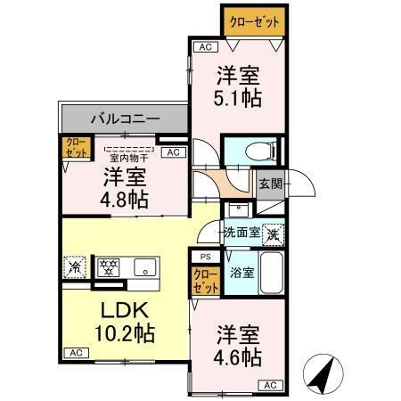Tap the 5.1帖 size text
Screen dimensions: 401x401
[x=238, y=97]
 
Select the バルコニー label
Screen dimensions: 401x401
[x=124, y=117]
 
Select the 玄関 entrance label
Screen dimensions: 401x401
[x=270, y=184]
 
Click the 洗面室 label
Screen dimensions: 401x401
[x=241, y=232]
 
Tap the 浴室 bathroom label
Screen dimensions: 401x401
[x=241, y=273]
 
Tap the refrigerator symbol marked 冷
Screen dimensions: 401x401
[x=75, y=265]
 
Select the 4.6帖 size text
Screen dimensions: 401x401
[x=238, y=357]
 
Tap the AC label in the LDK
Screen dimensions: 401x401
[x=76, y=353]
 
